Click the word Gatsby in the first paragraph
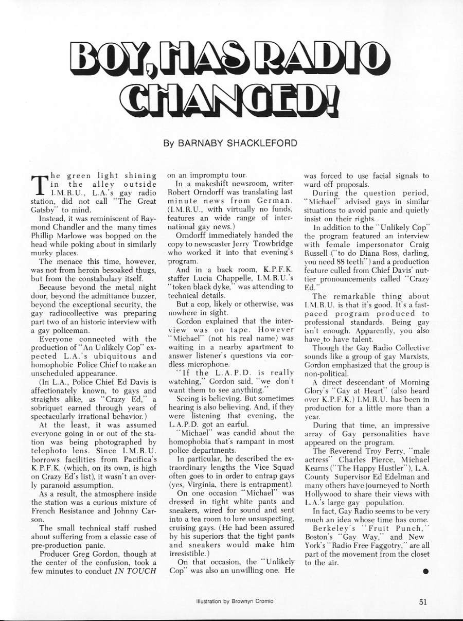[x=45, y=209]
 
